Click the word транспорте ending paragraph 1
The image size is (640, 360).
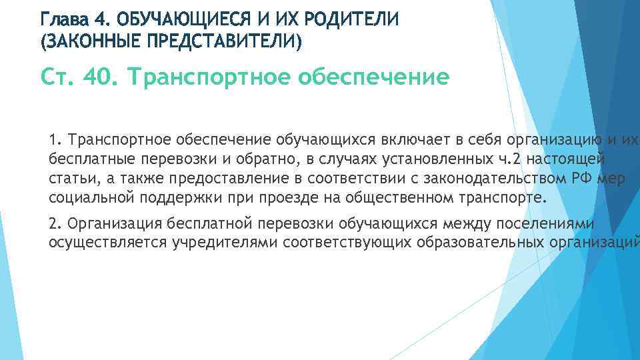505,199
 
